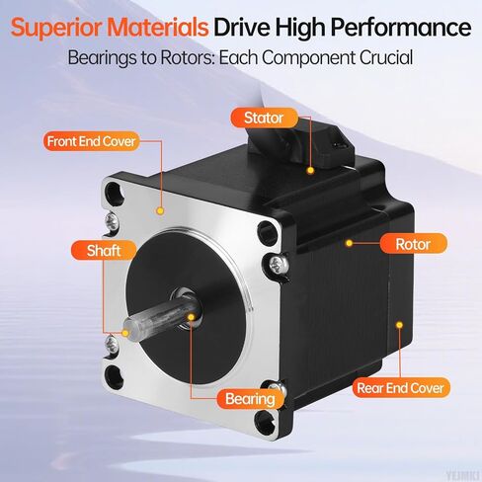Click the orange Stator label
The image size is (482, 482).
(x=264, y=119)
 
